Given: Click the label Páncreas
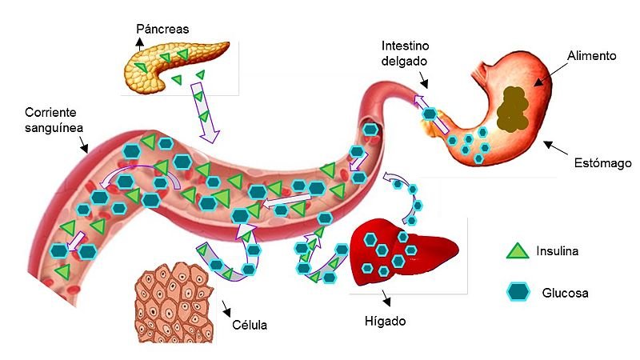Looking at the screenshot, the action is point(162,30).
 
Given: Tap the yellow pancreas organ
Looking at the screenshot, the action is point(171,66).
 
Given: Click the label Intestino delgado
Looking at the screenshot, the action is point(405,53).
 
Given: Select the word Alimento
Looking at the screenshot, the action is point(591,55).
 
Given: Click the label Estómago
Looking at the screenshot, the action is point(602,163).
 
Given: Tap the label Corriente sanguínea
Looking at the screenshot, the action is point(54,120).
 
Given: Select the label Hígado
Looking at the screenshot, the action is point(385,322).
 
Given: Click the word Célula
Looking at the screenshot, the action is point(250,325).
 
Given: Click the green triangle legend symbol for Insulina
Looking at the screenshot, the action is point(517,250).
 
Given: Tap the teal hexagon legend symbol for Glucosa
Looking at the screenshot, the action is point(518,292).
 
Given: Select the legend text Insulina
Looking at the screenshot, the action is point(557,251).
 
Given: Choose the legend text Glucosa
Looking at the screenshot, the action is point(565,293).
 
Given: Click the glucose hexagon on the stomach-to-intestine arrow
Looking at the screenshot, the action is point(430,114).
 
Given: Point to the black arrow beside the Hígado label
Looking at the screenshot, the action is point(386,298).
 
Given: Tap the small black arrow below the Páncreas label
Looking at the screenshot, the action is point(140,44).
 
